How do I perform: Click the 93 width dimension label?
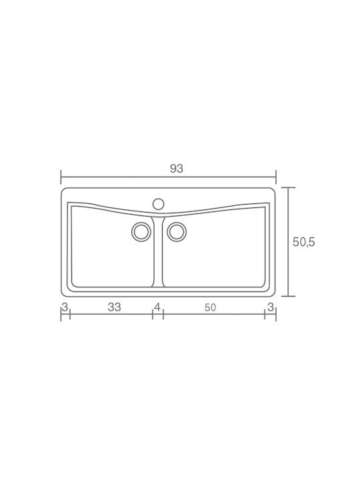pyautogui.click(x=177, y=169)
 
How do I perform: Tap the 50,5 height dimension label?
pyautogui.click(x=304, y=242)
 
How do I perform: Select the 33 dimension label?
pyautogui.click(x=115, y=307)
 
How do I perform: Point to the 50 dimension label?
pyautogui.click(x=210, y=307)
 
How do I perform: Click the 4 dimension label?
pyautogui.click(x=157, y=307)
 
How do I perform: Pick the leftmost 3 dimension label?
pyautogui.click(x=65, y=307)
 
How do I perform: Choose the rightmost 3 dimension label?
pyautogui.click(x=271, y=307)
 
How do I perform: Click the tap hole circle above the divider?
pyautogui.click(x=158, y=204)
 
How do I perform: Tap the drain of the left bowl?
pyautogui.click(x=141, y=232)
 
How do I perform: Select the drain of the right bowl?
pyautogui.click(x=177, y=232)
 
